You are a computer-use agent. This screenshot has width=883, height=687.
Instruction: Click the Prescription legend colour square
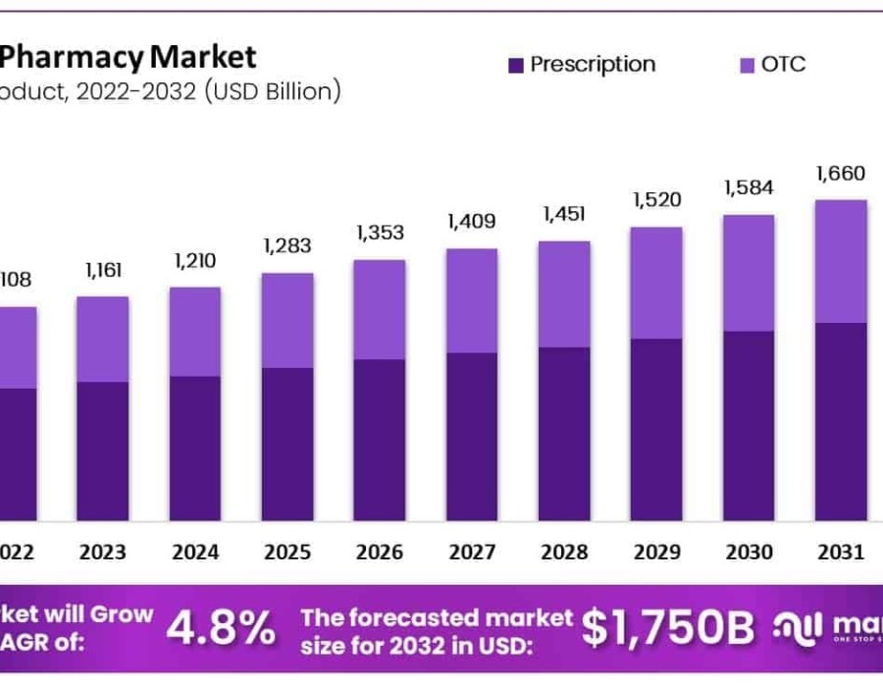pos(516,66)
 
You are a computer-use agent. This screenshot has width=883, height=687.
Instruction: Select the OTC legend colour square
pos(747,66)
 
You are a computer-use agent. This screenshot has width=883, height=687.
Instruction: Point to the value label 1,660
pos(841,174)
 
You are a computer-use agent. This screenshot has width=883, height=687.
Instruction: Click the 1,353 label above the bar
pos(380,233)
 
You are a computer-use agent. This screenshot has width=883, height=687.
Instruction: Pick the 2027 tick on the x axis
pos(472,553)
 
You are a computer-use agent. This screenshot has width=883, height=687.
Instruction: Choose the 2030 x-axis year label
pos(749,553)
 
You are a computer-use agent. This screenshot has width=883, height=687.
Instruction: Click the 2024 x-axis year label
pos(195,553)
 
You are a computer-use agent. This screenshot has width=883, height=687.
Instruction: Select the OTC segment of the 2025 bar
pos(287,320)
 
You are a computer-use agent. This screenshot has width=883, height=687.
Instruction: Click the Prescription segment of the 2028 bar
pos(564,433)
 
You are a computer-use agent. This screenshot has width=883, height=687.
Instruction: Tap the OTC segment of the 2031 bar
pos(841,261)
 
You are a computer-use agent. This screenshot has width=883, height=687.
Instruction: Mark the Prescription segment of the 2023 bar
pos(102,450)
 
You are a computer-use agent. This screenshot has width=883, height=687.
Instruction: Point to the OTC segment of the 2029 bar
pos(656,283)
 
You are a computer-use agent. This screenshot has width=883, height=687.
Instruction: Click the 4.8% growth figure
pos(221,629)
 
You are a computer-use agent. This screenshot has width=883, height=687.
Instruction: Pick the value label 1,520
pos(656,200)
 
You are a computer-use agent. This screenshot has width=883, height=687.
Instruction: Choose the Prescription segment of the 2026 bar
pos(380,440)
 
